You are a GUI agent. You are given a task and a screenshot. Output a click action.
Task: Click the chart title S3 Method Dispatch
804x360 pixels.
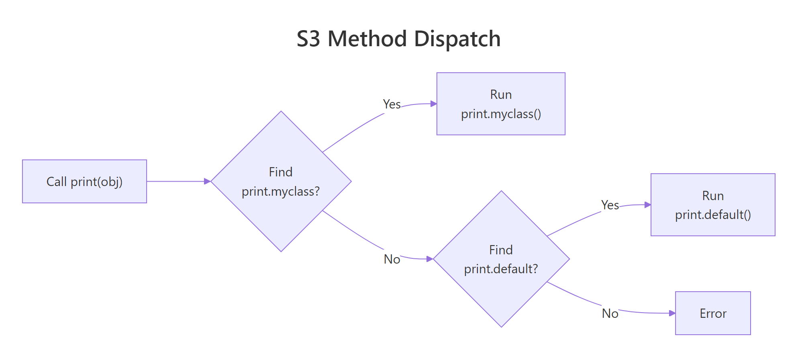(398, 39)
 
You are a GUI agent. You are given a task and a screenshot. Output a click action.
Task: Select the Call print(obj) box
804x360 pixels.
(84, 182)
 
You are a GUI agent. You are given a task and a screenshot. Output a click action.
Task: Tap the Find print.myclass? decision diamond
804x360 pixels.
(281, 182)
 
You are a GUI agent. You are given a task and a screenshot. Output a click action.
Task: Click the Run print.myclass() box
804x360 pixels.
(501, 104)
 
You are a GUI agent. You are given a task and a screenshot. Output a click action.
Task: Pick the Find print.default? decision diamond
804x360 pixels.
(501, 259)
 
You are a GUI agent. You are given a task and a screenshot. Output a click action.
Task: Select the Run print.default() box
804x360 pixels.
(713, 205)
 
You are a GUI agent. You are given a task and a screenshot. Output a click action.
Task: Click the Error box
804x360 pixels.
(713, 313)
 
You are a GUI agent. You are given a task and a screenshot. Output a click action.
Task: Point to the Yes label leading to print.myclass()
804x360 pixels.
(392, 104)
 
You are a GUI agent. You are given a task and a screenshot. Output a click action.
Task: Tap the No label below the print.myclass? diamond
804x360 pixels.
(392, 260)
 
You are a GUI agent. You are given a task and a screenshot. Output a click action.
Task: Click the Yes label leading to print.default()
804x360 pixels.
(610, 205)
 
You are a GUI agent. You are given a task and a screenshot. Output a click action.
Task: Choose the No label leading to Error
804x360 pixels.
(610, 313)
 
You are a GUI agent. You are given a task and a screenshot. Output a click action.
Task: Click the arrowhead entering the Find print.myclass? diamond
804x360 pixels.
(207, 182)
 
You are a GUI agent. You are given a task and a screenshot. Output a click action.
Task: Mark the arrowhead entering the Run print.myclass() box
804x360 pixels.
(434, 104)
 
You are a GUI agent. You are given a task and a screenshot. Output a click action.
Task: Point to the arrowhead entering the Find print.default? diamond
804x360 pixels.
(430, 259)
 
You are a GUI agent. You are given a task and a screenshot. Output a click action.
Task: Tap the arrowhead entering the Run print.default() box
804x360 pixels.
(647, 205)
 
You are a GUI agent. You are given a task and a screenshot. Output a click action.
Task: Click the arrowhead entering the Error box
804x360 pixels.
(672, 313)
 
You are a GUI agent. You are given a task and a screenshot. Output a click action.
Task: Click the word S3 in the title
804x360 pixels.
(308, 39)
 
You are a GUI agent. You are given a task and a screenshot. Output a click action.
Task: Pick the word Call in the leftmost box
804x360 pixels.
(57, 182)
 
